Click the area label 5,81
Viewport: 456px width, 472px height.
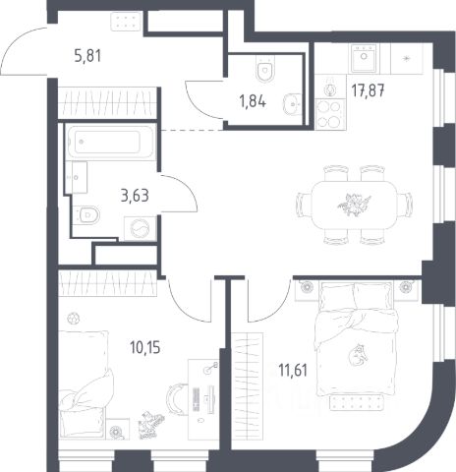87,55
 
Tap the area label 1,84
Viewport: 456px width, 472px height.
253,101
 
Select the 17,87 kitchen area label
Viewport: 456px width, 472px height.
368,90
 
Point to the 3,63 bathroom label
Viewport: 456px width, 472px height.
135,196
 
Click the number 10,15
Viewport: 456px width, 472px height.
145,347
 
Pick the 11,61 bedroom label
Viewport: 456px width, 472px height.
293,371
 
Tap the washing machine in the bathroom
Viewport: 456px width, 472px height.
140,228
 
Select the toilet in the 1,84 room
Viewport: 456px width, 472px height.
264,70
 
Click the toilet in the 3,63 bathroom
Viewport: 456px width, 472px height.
85,215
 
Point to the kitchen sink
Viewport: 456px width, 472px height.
364,58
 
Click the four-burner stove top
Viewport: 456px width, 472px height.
330,114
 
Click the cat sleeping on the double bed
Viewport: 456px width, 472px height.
357,355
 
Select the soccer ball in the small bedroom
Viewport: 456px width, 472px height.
74,318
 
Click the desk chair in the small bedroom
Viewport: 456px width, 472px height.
177,398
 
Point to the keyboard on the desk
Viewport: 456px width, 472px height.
196,399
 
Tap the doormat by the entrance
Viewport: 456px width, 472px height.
126,22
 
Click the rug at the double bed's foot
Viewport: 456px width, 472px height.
357,402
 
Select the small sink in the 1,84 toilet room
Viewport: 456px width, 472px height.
292,104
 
